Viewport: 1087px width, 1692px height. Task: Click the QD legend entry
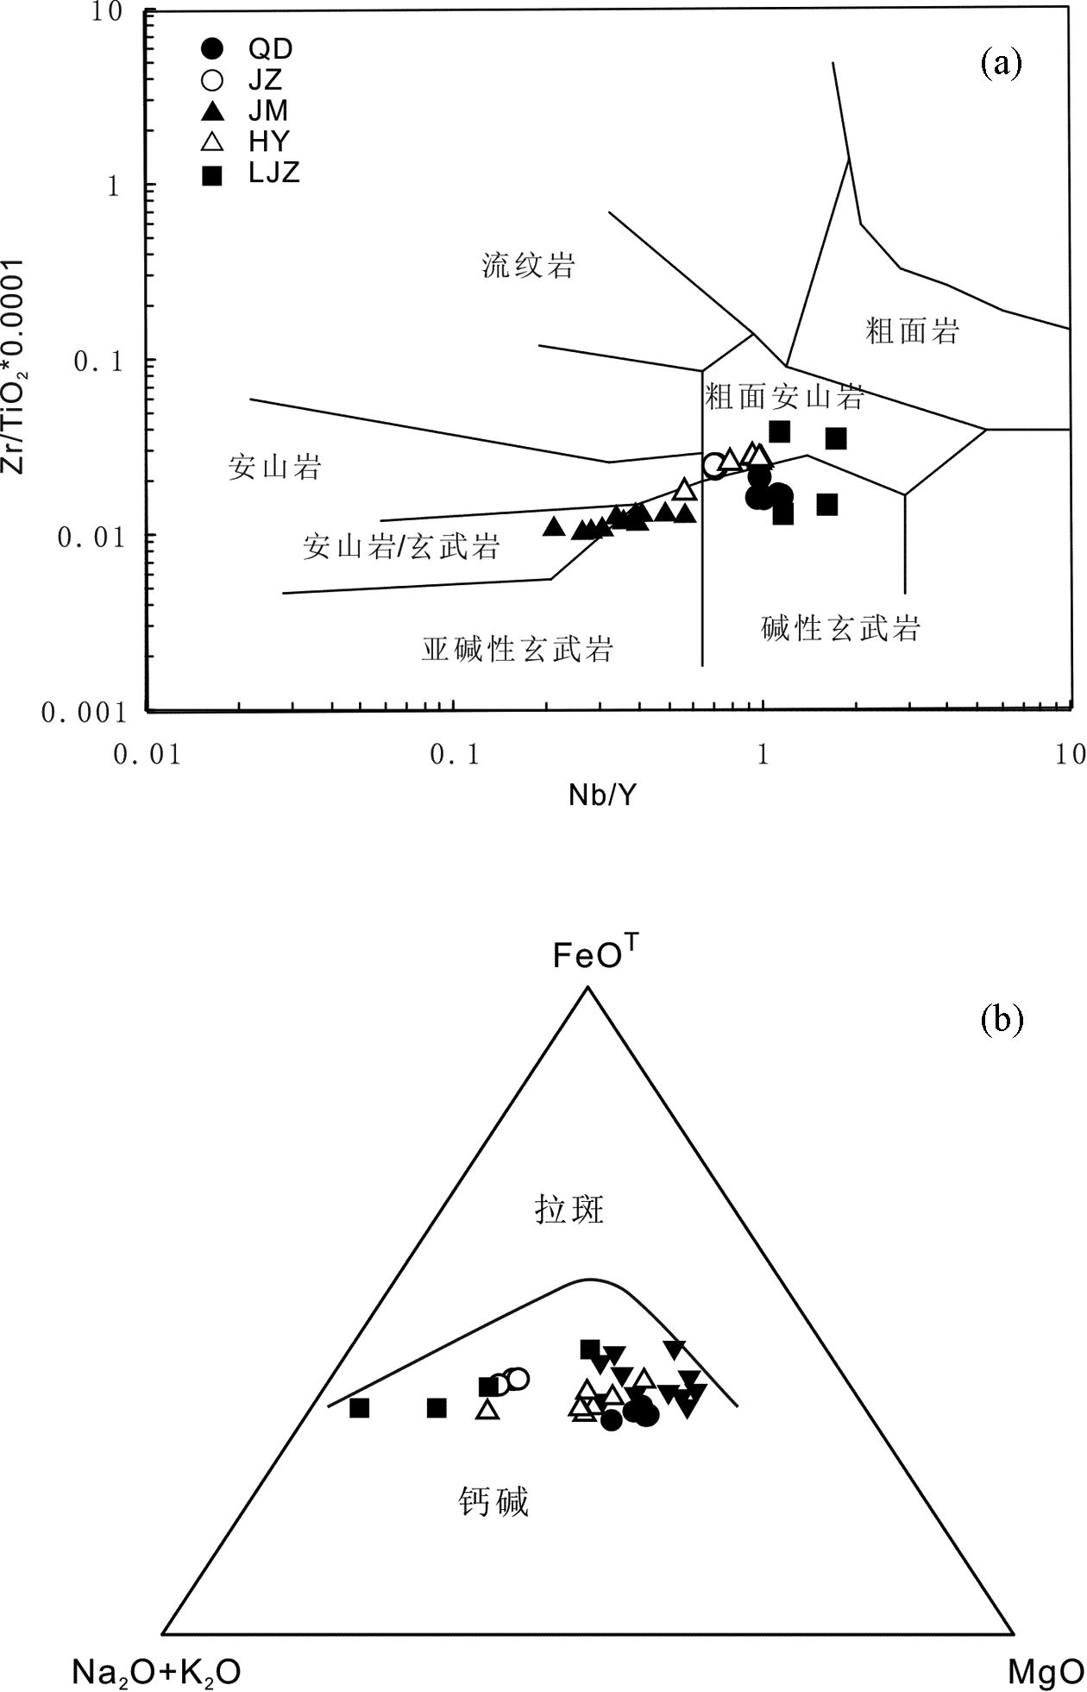pos(250,49)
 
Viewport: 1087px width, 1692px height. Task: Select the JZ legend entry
pos(246,80)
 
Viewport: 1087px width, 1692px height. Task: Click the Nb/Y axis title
pos(601,794)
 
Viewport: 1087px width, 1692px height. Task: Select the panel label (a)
pos(1001,63)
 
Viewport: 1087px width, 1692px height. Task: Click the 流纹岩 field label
pos(528,265)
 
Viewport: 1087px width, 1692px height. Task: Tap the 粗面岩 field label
pos(912,330)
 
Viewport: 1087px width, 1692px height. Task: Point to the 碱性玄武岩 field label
pos(840,628)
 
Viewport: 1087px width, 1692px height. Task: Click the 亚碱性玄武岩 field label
pos(517,648)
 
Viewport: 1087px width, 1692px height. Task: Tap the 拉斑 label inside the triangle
pos(569,1209)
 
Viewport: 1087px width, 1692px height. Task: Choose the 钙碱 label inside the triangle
pos(493,1502)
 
